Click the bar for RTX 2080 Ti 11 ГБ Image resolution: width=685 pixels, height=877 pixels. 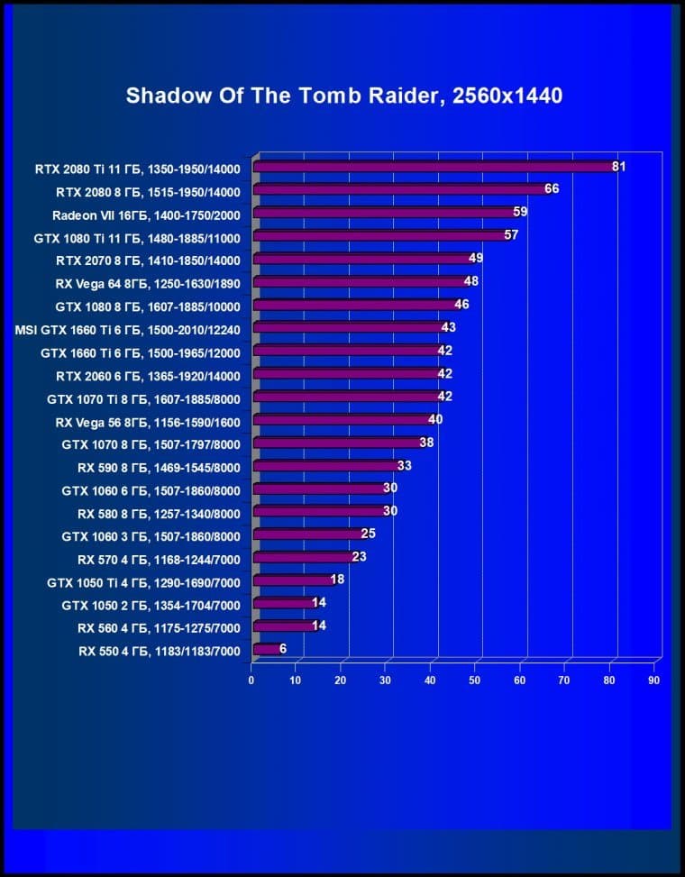(x=433, y=167)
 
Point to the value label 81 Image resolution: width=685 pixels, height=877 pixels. (x=618, y=167)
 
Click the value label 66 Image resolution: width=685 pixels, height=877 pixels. (x=552, y=189)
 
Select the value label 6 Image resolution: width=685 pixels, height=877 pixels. (x=283, y=648)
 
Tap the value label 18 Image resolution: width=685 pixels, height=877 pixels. (x=337, y=580)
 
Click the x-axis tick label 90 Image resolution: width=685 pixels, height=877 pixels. (x=654, y=681)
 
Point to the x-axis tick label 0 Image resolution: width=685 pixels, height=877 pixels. (x=251, y=681)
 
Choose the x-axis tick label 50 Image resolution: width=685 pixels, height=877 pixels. (x=475, y=681)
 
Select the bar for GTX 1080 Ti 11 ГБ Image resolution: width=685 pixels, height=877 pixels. (x=379, y=235)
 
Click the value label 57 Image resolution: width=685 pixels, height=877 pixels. (x=511, y=235)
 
